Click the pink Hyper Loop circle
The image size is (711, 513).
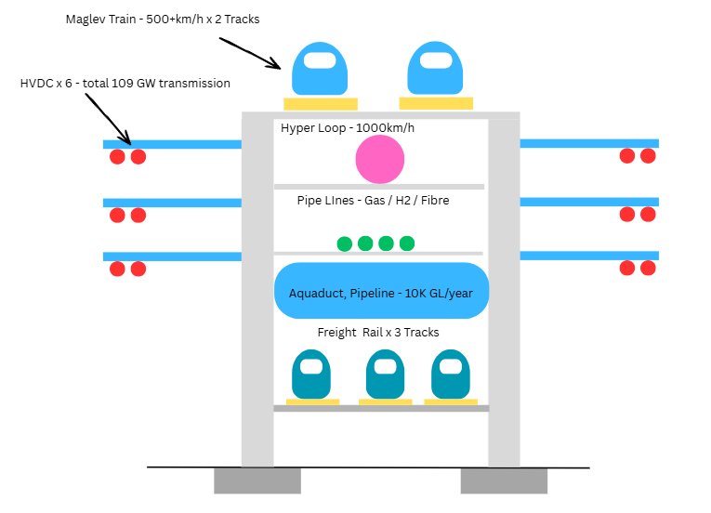[x=380, y=159]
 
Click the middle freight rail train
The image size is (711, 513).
[x=384, y=375]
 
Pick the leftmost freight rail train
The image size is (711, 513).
[x=311, y=375]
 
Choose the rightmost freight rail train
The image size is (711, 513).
[x=450, y=375]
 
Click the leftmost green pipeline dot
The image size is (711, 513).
[x=345, y=243]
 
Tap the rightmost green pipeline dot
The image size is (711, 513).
[x=406, y=243]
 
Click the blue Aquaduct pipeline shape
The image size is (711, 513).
[x=382, y=291]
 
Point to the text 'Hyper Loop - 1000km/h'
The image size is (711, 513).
[x=348, y=128]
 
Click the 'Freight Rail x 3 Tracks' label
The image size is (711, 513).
[x=378, y=333]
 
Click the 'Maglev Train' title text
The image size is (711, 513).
[x=161, y=19]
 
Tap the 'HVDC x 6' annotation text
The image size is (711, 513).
[x=125, y=84]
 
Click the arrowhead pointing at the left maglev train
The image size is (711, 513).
[x=277, y=66]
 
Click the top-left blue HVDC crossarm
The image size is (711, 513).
[x=172, y=144]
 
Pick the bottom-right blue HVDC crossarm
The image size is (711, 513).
[x=588, y=256]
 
